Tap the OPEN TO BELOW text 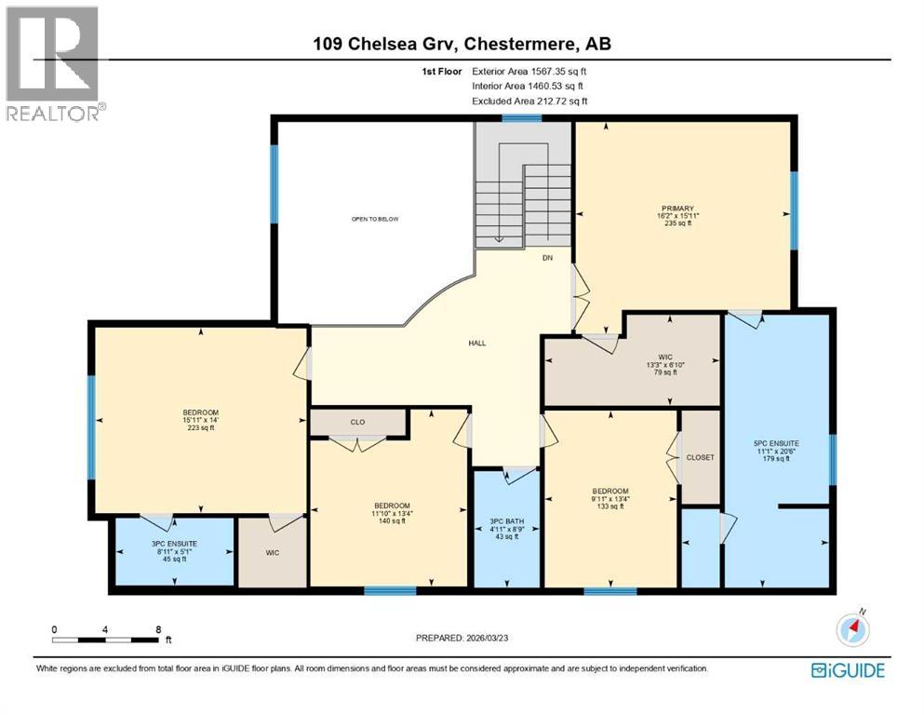point(375,219)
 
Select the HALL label point(477,343)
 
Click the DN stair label point(548,259)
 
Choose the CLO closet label point(357,423)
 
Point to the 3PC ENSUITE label point(171,550)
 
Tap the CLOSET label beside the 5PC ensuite point(701,458)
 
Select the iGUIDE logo point(848,669)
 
